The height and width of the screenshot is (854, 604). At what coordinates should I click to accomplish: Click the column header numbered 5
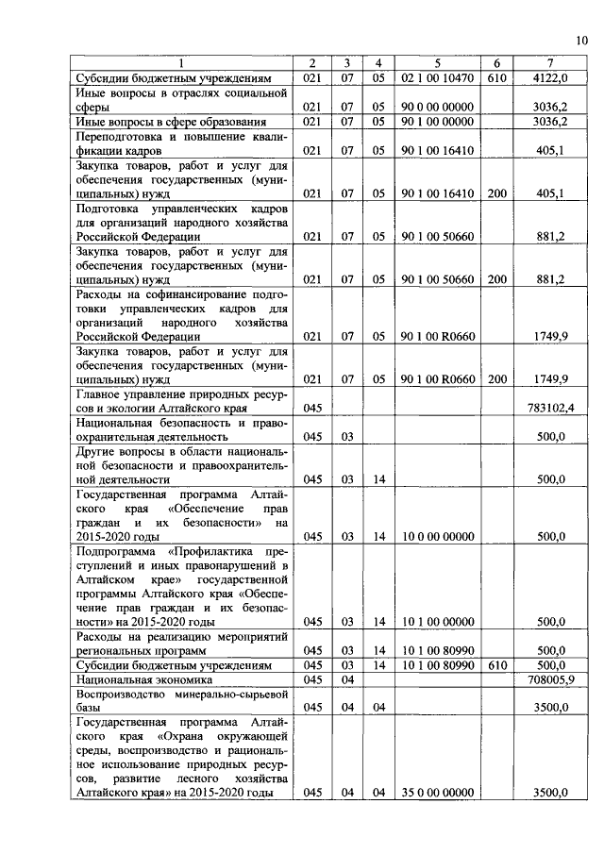[436, 63]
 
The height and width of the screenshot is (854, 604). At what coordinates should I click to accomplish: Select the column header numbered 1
[184, 63]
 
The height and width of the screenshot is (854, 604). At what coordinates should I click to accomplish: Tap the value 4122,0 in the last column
[548, 78]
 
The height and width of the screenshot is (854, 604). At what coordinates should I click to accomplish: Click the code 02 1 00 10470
[436, 78]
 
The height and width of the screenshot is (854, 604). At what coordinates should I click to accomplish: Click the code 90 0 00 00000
[436, 108]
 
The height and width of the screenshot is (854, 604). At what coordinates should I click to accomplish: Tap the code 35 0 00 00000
[436, 794]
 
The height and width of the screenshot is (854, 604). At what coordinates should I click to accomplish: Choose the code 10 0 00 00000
[436, 536]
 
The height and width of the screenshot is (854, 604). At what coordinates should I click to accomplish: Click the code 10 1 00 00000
[436, 622]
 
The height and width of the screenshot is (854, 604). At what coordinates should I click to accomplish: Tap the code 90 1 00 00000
[436, 122]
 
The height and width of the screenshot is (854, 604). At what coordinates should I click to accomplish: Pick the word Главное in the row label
[100, 394]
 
